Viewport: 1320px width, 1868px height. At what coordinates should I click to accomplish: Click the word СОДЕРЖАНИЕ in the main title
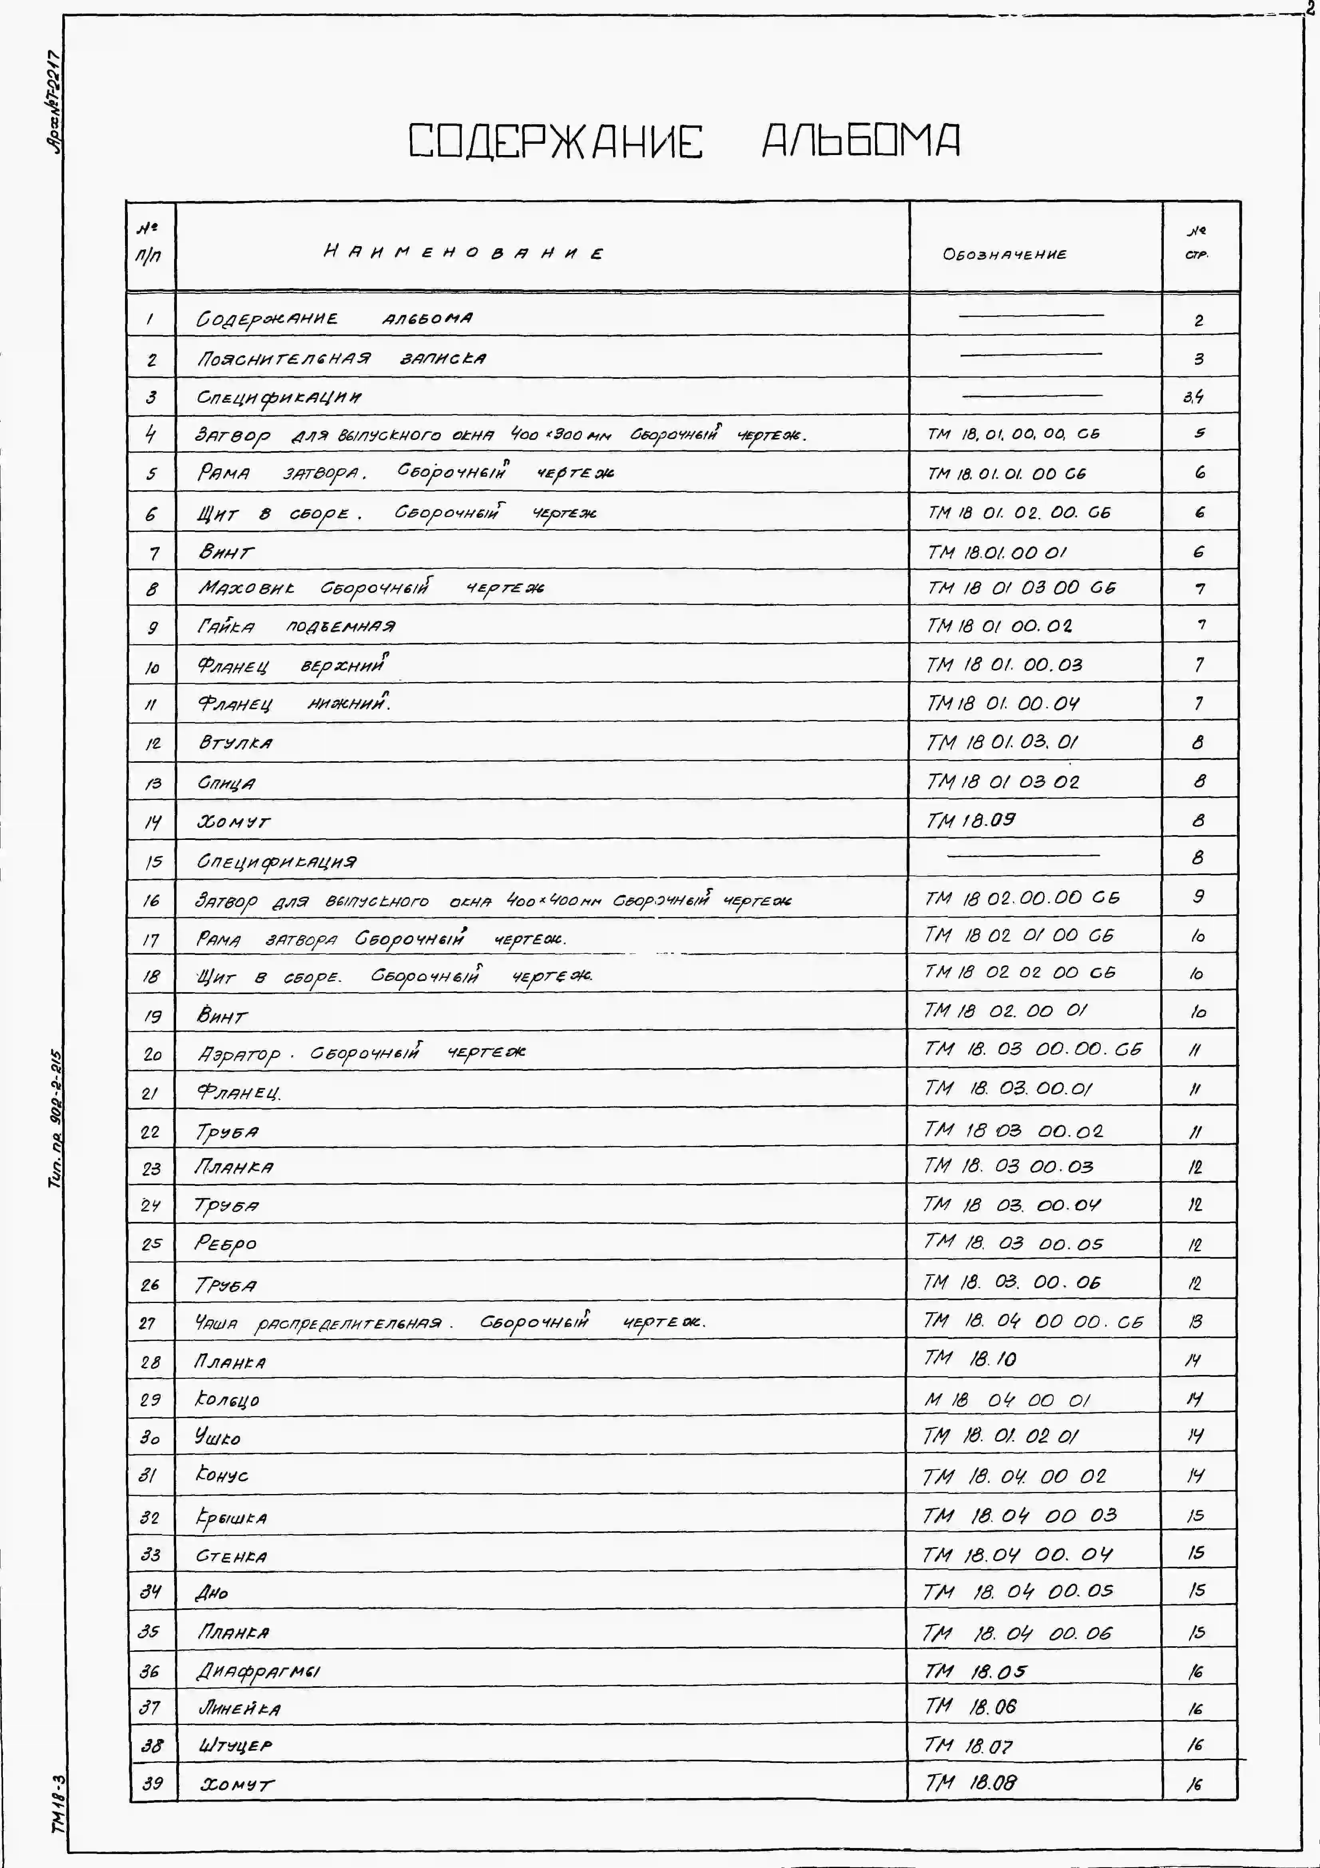pyautogui.click(x=556, y=141)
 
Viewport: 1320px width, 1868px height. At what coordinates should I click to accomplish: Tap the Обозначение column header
pyautogui.click(x=1004, y=254)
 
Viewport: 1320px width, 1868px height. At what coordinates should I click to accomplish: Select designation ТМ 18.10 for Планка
pyautogui.click(x=969, y=1358)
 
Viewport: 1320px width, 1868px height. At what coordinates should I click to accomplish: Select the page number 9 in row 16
pyautogui.click(x=1198, y=897)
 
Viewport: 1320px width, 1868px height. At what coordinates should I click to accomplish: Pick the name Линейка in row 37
pyautogui.click(x=240, y=1709)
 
